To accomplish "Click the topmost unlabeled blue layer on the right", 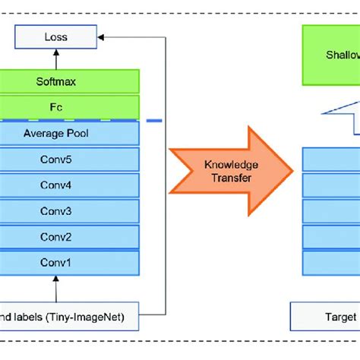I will (331, 159).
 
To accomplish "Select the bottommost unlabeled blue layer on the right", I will (331, 262).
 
